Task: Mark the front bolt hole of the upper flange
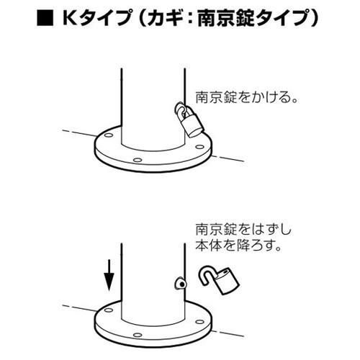(137, 158)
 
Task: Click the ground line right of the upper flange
(230, 159)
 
